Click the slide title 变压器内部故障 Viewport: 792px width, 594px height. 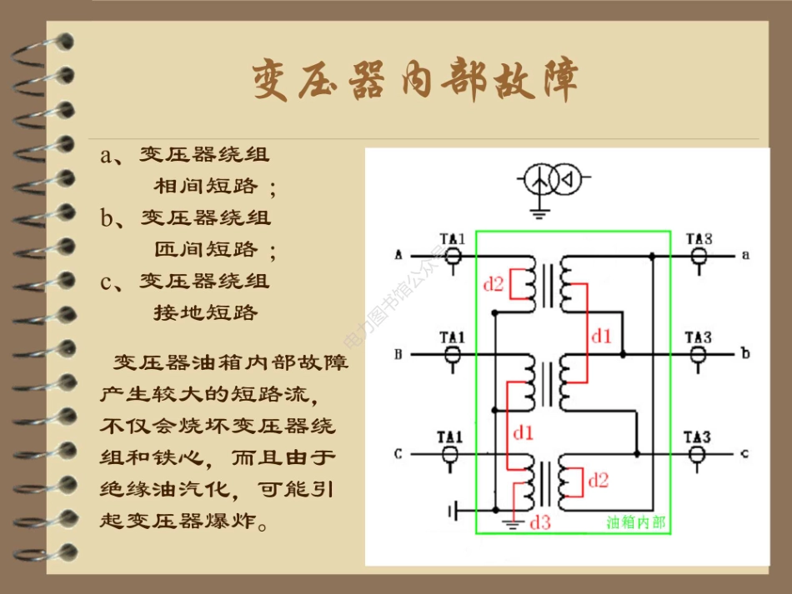[415, 80]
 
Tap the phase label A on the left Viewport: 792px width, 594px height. [399, 255]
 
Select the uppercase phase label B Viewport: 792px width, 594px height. [399, 354]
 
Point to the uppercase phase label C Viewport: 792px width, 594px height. [399, 454]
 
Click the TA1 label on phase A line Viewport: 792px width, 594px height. [452, 240]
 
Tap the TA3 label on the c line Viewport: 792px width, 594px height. [698, 437]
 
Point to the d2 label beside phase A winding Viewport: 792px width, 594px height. [494, 285]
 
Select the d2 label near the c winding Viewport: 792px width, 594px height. [598, 481]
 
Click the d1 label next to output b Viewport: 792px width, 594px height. [601, 337]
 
